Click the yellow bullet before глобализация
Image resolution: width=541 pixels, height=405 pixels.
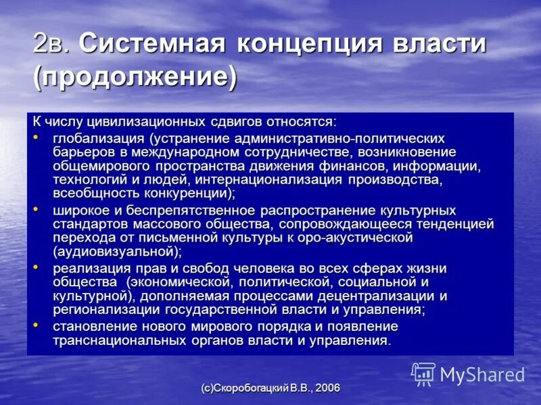pyautogui.click(x=37, y=137)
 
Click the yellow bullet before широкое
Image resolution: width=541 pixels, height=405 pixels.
pyautogui.click(x=37, y=210)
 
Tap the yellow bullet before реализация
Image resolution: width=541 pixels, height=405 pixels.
pyautogui.click(x=37, y=268)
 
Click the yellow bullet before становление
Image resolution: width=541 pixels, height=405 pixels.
pyautogui.click(x=37, y=326)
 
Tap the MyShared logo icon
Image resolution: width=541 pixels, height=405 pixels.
pyautogui.click(x=423, y=373)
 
